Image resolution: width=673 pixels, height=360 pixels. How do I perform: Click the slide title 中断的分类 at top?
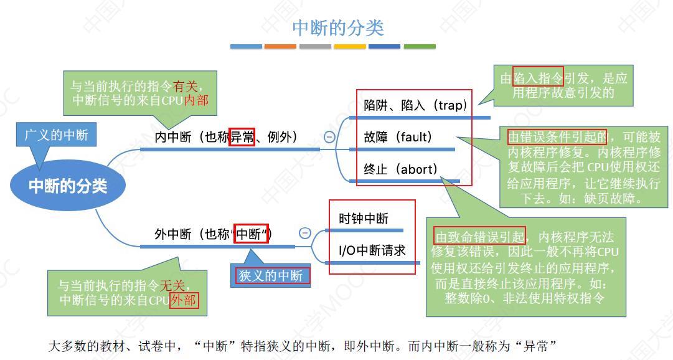tap(338, 28)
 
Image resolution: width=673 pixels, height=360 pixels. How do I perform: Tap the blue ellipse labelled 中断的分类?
tap(68, 186)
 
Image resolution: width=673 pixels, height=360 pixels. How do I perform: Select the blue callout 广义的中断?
tap(56, 135)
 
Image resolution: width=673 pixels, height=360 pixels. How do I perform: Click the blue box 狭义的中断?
tap(271, 275)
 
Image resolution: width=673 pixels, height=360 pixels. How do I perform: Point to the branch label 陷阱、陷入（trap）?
tap(415, 105)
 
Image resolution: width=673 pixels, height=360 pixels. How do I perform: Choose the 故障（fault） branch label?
tap(398, 136)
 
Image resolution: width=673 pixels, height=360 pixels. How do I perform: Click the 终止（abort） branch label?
tap(401, 169)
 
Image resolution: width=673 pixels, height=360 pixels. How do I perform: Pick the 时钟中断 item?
tap(364, 219)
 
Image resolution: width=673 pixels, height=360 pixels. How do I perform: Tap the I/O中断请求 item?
tap(372, 250)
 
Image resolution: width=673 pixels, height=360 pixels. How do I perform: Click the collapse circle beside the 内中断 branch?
tap(329, 136)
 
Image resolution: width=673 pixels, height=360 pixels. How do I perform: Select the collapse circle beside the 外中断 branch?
tap(305, 233)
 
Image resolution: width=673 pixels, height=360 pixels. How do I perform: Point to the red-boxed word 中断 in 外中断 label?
tap(251, 234)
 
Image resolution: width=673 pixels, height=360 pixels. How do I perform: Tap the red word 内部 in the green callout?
tap(197, 100)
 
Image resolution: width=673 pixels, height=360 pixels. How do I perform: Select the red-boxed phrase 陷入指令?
tap(538, 78)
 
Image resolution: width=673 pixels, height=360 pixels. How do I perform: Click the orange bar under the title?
tap(280, 46)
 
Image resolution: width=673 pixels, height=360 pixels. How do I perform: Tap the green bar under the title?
tap(420, 46)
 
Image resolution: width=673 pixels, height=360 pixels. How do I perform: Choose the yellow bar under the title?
tap(350, 46)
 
